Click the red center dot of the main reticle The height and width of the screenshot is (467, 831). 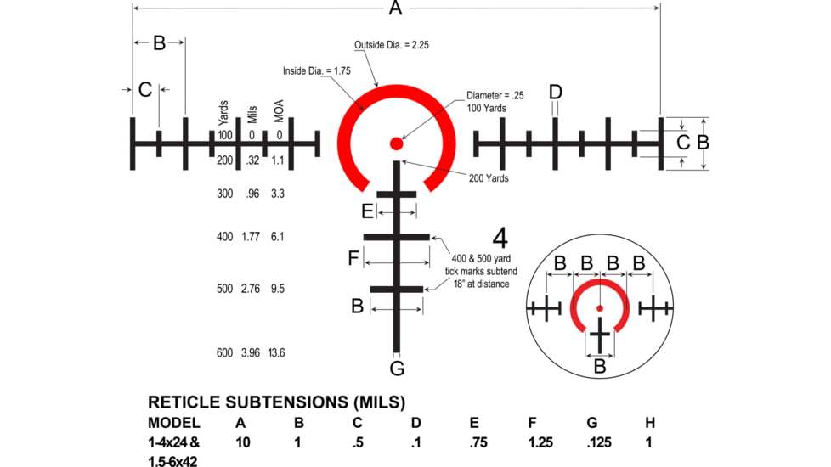pos(396,143)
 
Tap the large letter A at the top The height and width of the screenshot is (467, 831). pos(395,8)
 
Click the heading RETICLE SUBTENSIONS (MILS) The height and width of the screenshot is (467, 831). pos(276,402)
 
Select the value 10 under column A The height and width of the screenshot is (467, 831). pos(242,442)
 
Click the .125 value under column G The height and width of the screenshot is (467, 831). pos(599,442)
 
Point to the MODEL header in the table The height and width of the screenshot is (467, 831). pos(174,422)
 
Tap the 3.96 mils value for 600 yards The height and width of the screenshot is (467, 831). pos(252,352)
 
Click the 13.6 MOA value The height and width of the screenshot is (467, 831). pos(277,352)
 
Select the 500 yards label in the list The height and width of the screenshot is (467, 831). pos(224,289)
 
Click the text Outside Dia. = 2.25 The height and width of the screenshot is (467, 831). pos(392,45)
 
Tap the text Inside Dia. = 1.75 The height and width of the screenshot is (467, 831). pos(317,71)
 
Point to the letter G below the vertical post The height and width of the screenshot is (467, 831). pos(397,369)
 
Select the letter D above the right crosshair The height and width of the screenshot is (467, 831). pos(555,92)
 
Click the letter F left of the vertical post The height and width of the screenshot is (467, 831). pos(353,258)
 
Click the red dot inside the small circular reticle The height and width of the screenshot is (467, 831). pos(600,307)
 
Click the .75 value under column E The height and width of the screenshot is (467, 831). pos(478,442)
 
